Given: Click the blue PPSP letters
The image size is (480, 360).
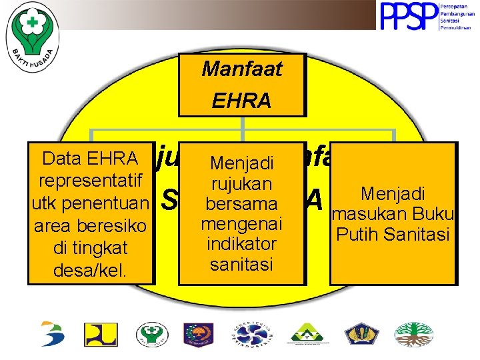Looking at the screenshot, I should point(407,17).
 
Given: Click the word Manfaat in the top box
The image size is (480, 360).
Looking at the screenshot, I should point(242,69).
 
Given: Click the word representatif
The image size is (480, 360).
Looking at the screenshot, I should point(90,181).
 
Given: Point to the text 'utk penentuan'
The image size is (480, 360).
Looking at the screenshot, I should point(90,203).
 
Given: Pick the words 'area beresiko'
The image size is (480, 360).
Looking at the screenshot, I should point(90,225).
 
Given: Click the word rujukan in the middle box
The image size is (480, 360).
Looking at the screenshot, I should point(241,183).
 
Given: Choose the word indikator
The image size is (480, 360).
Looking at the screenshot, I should point(241,244).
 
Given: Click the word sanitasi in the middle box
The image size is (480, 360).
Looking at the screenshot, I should point(241,264).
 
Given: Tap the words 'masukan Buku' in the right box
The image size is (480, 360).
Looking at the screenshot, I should point(394,215).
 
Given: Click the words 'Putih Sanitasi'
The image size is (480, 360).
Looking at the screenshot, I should point(394,235).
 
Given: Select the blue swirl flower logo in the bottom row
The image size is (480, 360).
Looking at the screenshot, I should point(250,334).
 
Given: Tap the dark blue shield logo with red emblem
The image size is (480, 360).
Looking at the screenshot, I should point(198,334).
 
